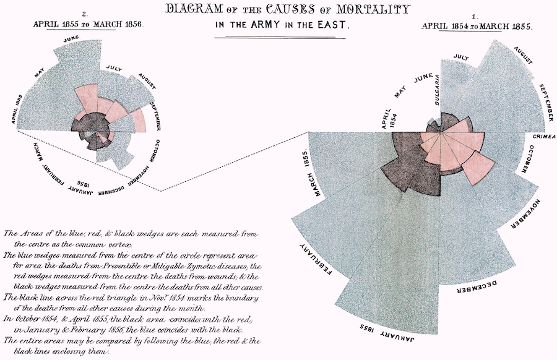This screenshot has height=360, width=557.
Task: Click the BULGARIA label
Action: [x=437, y=90]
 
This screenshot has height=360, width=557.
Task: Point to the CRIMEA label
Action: [x=544, y=137]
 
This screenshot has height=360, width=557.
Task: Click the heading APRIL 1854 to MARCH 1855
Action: [x=477, y=27]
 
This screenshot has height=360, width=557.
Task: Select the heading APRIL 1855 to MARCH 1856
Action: [x=87, y=25]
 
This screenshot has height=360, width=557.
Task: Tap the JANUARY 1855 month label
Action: [x=387, y=332]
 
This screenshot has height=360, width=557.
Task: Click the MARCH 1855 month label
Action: [x=311, y=174]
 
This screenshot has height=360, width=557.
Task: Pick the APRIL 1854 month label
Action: [x=389, y=119]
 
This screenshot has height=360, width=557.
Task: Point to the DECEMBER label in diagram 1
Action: [x=477, y=287]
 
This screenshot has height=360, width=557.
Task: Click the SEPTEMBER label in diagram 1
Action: [x=546, y=103]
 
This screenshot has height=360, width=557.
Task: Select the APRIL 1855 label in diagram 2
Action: [x=17, y=109]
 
